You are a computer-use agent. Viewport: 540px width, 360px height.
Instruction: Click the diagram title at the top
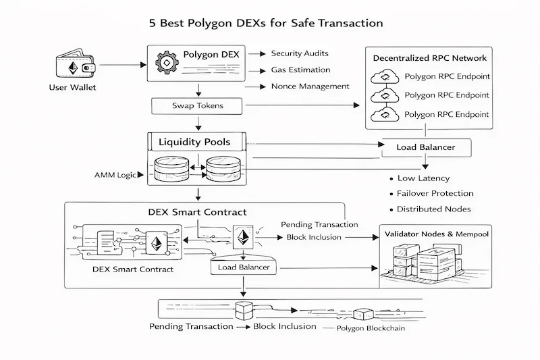click(x=266, y=23)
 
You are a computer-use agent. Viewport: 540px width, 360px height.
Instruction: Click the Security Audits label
click(x=300, y=53)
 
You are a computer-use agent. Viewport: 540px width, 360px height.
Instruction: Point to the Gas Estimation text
click(x=300, y=70)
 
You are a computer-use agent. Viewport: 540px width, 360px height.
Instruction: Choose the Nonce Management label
click(x=310, y=86)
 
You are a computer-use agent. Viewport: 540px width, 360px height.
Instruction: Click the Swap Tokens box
click(x=197, y=106)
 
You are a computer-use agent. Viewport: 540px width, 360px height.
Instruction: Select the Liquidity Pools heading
click(x=194, y=143)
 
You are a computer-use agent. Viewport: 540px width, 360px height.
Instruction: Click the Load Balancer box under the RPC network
click(x=425, y=147)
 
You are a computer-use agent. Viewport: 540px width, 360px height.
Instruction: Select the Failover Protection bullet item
click(x=435, y=194)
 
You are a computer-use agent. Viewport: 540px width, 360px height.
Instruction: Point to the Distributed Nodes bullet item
click(x=433, y=209)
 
